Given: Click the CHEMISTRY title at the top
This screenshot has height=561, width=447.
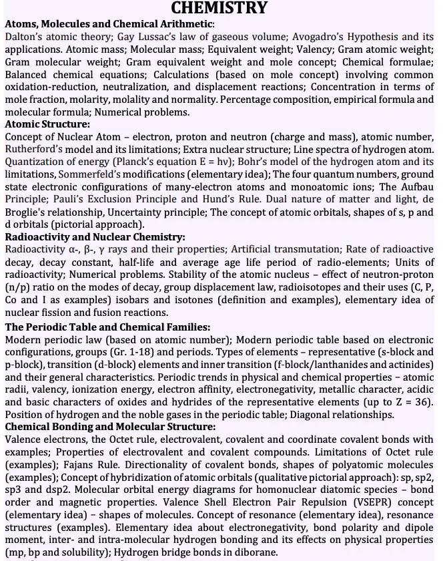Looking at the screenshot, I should click(x=219, y=8).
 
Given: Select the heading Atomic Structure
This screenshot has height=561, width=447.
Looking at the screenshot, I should click(x=47, y=124).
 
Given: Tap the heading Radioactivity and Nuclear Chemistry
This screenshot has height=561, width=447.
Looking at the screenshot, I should click(x=95, y=236).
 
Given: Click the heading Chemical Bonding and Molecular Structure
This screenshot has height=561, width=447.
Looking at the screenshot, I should click(x=110, y=427).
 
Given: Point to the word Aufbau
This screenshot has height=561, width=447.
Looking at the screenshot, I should click(x=417, y=187).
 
